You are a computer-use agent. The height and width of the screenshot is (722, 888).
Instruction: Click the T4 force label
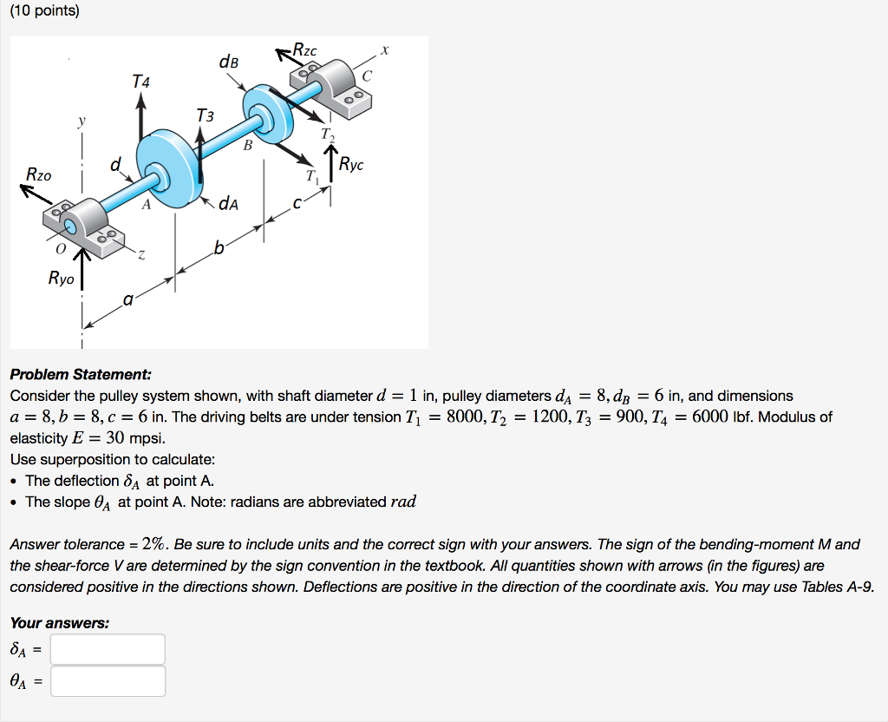[140, 82]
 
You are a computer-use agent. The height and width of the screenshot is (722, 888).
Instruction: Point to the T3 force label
[205, 115]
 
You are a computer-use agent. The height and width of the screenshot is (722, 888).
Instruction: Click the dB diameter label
[229, 62]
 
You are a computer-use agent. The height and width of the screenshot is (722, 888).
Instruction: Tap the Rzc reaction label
[304, 51]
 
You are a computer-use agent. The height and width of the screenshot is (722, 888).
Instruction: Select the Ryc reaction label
[352, 163]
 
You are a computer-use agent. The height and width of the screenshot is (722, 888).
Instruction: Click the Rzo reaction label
[39, 174]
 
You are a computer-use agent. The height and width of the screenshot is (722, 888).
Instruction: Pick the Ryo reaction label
[61, 279]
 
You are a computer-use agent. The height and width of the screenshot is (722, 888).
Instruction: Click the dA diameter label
[229, 204]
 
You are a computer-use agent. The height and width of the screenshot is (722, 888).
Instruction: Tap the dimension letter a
[127, 300]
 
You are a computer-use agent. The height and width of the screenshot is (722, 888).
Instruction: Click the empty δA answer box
[108, 649]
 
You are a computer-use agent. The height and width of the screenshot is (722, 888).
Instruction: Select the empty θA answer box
[108, 681]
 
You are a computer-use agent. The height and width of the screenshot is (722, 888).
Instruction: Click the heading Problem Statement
[81, 375]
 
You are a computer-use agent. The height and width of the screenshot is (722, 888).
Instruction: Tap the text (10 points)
[43, 12]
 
